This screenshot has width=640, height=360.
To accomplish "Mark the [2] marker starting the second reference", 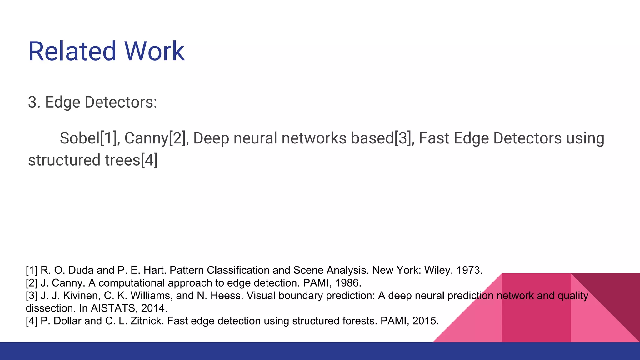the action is click(32, 283).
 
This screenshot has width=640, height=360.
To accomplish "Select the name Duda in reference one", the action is click(81, 270).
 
